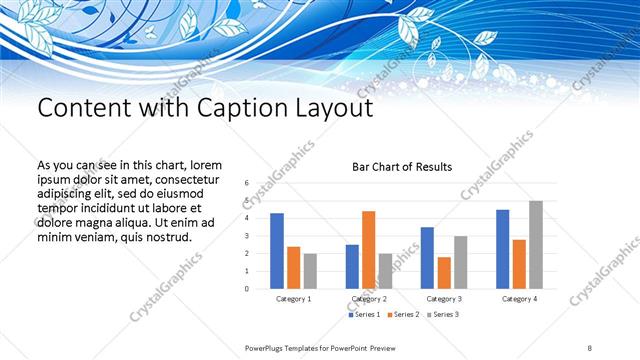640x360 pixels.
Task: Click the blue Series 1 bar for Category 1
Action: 277,251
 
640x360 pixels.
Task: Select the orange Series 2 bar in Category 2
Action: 369,250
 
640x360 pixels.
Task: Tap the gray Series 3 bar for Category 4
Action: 536,245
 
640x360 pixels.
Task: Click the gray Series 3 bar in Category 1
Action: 310,271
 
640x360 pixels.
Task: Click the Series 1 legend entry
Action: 364,315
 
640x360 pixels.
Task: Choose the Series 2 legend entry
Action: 402,315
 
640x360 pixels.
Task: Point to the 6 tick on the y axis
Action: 246,184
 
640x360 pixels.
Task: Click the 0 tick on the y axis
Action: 246,289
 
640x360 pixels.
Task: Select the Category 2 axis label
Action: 369,299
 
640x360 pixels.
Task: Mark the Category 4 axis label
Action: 519,299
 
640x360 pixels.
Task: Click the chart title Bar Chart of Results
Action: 402,166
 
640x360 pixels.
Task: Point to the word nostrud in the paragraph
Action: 167,237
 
